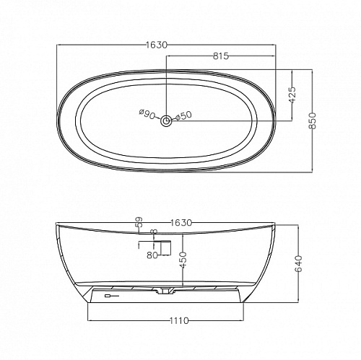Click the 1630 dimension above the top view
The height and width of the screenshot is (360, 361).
click(157, 45)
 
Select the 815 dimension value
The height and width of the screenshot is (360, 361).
click(221, 56)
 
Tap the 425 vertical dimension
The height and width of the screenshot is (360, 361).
click(292, 95)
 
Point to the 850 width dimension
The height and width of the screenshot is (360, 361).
click(312, 120)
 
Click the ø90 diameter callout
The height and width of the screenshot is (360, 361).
click(147, 115)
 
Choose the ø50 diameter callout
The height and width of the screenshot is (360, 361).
click(183, 116)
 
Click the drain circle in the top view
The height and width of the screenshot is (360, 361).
click(166, 120)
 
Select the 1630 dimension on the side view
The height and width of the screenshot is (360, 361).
click(181, 223)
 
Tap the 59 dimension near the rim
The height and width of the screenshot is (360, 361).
click(139, 222)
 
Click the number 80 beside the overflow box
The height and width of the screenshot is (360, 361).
click(152, 255)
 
